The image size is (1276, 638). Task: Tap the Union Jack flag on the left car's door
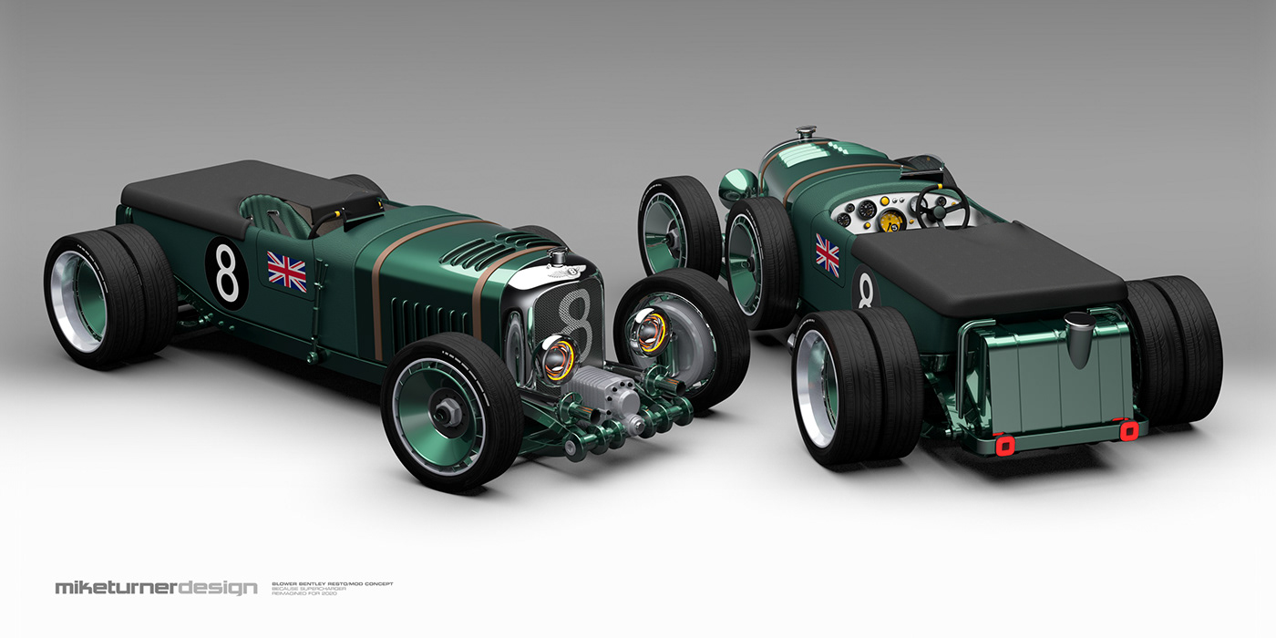click(x=286, y=271)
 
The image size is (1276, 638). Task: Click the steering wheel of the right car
click(x=942, y=208)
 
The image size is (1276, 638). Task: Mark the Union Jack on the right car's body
click(x=827, y=253)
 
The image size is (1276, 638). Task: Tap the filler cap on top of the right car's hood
click(x=806, y=136)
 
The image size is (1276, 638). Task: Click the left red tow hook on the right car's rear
click(x=1005, y=445)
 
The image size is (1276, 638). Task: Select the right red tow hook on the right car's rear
click(x=1130, y=429)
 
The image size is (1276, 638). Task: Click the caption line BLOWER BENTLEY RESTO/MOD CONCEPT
click(x=332, y=583)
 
